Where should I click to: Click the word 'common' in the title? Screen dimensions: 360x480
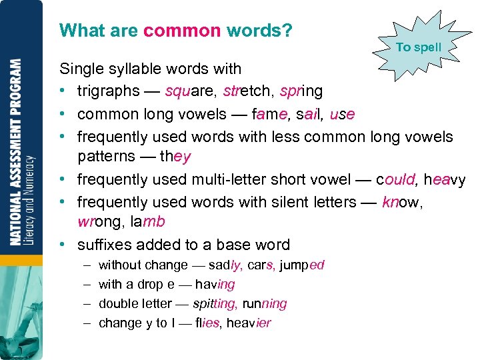pyautogui.click(x=181, y=31)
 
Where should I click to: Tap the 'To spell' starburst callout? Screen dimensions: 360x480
pyautogui.click(x=419, y=47)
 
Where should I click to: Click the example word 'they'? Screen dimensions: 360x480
pyautogui.click(x=175, y=157)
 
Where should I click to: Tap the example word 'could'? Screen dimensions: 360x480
pyautogui.click(x=396, y=179)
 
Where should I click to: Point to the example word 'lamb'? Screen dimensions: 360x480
pyautogui.click(x=146, y=222)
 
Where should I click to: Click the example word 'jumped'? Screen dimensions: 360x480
pyautogui.click(x=302, y=265)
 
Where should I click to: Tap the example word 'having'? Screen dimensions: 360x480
pyautogui.click(x=215, y=285)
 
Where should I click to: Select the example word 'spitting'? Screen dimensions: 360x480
pyautogui.click(x=214, y=304)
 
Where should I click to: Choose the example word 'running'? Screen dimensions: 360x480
pyautogui.click(x=265, y=304)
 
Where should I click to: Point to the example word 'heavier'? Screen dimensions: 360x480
pyautogui.click(x=249, y=323)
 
